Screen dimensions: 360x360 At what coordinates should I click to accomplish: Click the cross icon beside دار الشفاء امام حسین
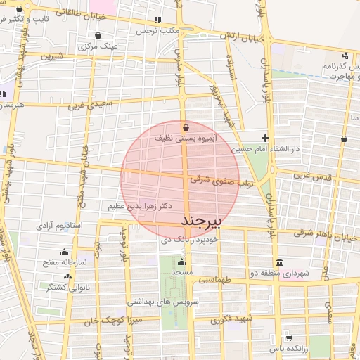265,138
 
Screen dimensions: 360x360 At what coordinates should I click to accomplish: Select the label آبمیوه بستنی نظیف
186,139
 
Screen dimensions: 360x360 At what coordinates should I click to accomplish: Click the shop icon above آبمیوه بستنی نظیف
186,128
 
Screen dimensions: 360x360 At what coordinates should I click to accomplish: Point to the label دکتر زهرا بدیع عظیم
141,206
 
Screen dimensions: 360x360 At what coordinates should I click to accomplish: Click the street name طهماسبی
213,279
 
